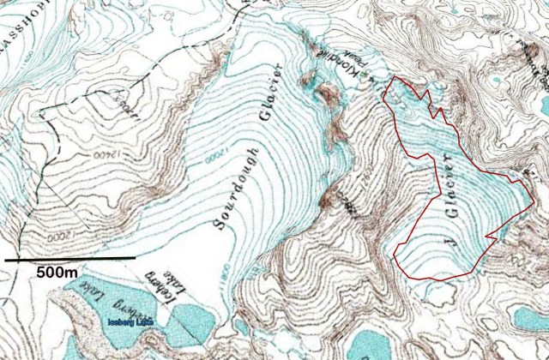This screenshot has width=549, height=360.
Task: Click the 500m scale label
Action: (57, 272)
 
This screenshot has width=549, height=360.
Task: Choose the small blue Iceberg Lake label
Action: (130, 322)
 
